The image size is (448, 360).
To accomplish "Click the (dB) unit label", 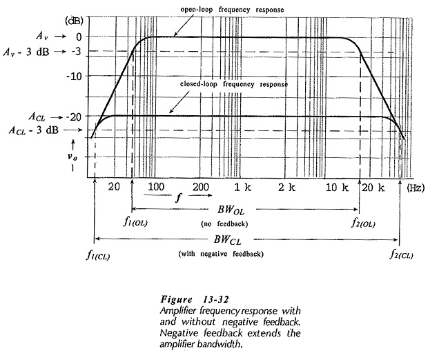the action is coord(75,21).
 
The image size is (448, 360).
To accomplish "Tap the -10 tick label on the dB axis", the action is coord(74,77).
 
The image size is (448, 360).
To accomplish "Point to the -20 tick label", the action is coord(74,117).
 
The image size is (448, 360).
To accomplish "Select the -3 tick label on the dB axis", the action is coord(77,52).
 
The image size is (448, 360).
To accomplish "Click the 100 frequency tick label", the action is coord(156,187).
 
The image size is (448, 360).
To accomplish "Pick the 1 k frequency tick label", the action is coord(242,188).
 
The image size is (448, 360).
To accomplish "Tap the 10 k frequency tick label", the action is coord(337,188).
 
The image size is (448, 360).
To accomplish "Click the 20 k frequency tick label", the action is coord(373,188).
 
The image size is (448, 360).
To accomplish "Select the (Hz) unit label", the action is coord(416,188).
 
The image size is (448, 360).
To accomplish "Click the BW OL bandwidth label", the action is coord(231,210).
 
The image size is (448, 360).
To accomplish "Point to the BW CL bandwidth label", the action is coord(227,240).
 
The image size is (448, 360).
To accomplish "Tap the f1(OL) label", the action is coord(136,222).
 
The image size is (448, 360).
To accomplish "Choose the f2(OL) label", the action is coord(363,223).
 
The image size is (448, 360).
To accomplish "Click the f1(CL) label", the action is coord(98,255).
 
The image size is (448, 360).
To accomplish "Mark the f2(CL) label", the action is coord(402,254).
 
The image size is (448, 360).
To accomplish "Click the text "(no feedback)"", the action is coord(224,224).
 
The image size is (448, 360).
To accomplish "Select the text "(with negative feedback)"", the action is coord(221,254).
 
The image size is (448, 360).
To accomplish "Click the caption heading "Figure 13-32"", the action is coord(195,299).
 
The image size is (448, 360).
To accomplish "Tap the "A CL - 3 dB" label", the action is coord(34,130).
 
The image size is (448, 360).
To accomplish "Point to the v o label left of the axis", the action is coord(72,157).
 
